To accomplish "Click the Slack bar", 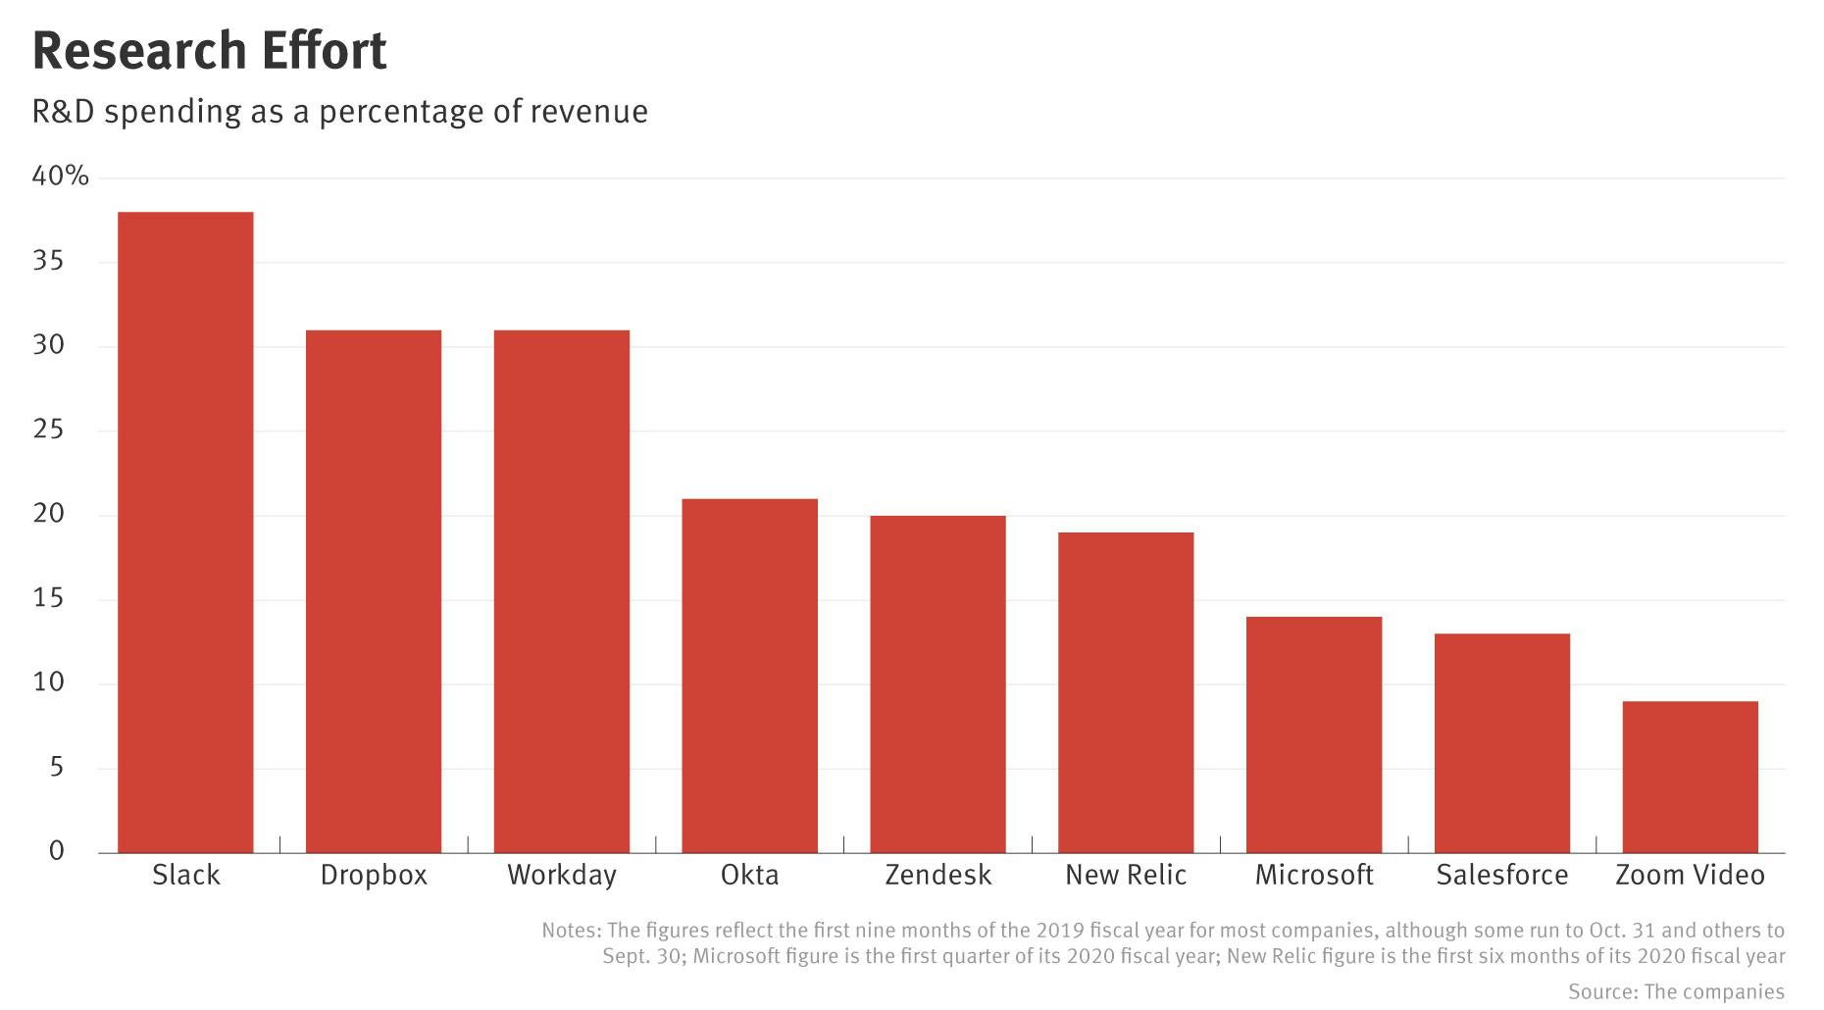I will (x=185, y=531).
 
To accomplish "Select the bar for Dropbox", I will (x=374, y=591).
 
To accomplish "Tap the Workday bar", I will (x=562, y=591).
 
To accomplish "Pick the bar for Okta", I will (x=750, y=676).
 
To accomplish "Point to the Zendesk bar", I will (x=938, y=683).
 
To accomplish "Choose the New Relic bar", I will (x=1126, y=692).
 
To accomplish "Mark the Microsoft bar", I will (x=1314, y=734).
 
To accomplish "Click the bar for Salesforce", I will (x=1502, y=743).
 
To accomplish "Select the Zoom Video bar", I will (x=1691, y=777).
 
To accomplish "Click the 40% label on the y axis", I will (x=60, y=177).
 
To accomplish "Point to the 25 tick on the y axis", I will (x=48, y=429).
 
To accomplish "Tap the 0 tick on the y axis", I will (x=57, y=851).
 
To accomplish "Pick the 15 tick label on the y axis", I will (x=48, y=598).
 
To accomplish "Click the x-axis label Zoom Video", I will (x=1690, y=875).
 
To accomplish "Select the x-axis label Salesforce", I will (x=1502, y=875).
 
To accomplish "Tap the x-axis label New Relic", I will (x=1126, y=875).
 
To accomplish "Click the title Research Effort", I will (x=210, y=51).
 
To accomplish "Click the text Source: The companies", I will (x=1676, y=991).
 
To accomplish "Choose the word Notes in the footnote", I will (x=570, y=931).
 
